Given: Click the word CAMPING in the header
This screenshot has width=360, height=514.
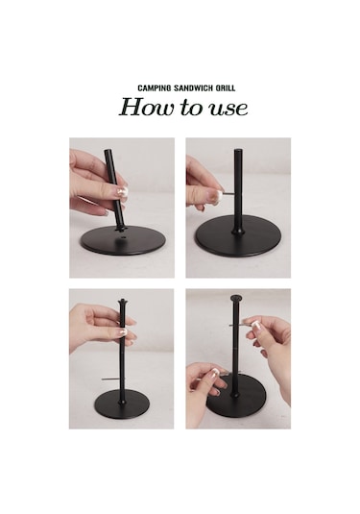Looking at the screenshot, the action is pyautogui.click(x=155, y=88).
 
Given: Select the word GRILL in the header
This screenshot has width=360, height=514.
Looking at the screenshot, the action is pyautogui.click(x=226, y=88).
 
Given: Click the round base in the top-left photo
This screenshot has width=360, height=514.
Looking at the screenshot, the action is pyautogui.click(x=123, y=241).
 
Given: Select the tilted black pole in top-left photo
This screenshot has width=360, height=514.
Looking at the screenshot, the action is pyautogui.click(x=114, y=190).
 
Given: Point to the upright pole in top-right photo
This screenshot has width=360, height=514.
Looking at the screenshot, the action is pyautogui.click(x=238, y=190).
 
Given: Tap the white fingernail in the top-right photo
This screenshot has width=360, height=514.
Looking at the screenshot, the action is pyautogui.click(x=217, y=196).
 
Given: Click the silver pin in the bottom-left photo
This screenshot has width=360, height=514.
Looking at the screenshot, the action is pyautogui.click(x=111, y=379).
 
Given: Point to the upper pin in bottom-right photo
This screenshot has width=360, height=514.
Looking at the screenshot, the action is pyautogui.click(x=237, y=325).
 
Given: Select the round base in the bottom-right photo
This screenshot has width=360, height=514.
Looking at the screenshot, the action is pyautogui.click(x=233, y=399).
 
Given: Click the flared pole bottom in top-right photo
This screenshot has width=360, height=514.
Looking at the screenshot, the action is pyautogui.click(x=238, y=229).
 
